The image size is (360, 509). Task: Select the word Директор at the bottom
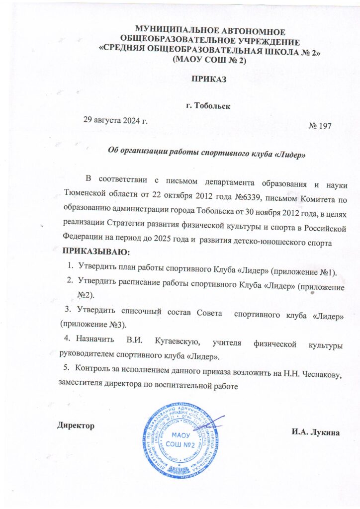(x=75, y=425)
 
